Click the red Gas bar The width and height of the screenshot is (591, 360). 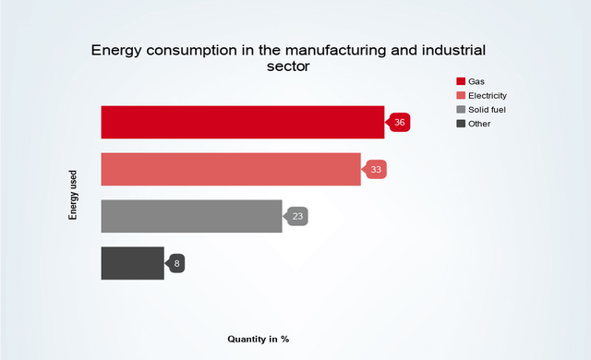point(242,122)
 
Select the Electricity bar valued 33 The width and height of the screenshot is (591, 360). point(230,169)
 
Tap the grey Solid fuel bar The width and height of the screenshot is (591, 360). point(191,216)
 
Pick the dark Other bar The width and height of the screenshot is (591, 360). point(132,263)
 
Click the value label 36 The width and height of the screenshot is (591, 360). point(400,122)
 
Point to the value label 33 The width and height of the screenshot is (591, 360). point(377,170)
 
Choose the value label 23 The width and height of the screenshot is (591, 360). point(297,217)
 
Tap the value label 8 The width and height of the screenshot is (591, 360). point(176,264)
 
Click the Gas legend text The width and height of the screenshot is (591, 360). point(476,81)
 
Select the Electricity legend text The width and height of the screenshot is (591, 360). point(488,95)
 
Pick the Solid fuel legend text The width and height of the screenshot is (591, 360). point(487,109)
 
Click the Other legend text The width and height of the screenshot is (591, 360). point(479,123)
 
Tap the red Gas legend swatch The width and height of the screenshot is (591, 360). point(461,81)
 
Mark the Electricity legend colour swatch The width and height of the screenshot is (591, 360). point(461,95)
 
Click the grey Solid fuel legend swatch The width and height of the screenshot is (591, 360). point(461,109)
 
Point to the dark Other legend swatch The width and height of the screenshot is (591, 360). point(461,123)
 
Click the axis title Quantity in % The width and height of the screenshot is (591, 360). point(259,339)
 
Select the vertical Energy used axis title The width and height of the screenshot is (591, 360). point(73,194)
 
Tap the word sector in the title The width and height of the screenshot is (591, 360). point(289,66)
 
